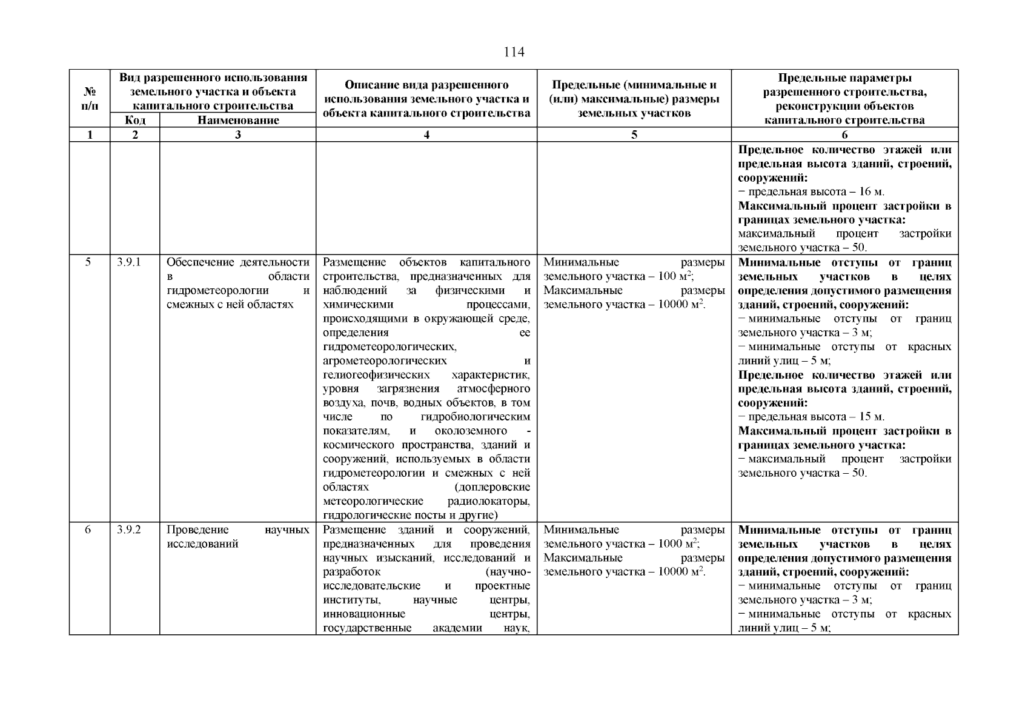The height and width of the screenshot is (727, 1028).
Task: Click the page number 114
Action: point(514,52)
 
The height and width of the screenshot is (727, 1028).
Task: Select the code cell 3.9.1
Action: point(128,262)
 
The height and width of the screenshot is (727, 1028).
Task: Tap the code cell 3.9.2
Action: point(128,529)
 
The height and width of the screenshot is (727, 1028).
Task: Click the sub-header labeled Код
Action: point(134,120)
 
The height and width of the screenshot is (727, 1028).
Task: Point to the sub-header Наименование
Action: point(238,120)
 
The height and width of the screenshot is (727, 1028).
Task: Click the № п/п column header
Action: point(90,99)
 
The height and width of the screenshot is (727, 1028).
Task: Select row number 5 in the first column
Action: point(88,262)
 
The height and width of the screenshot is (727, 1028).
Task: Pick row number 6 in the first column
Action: point(88,529)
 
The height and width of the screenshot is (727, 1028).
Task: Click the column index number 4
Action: point(426,135)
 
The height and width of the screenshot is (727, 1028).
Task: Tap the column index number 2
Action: point(134,135)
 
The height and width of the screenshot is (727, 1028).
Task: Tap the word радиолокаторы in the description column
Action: point(488,502)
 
